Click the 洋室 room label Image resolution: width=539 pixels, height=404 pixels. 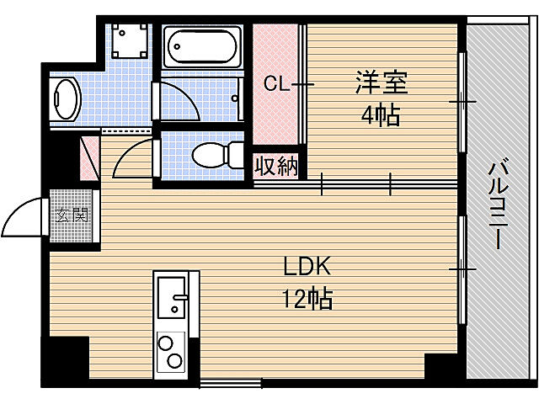(381, 83)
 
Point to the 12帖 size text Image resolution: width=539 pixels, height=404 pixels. (307, 298)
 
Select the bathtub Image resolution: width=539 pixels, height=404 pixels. (202, 47)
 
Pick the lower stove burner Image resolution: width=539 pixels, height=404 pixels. (176, 361)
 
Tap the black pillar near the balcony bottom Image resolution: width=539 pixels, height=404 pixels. (441, 366)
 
